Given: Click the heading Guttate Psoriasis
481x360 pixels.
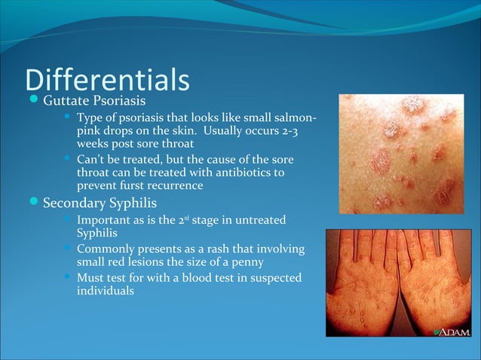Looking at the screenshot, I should point(94,101).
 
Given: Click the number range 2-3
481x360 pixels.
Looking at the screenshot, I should point(299,130).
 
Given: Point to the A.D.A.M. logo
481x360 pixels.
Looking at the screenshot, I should point(452,331).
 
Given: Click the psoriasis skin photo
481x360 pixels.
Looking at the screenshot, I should point(400,153).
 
